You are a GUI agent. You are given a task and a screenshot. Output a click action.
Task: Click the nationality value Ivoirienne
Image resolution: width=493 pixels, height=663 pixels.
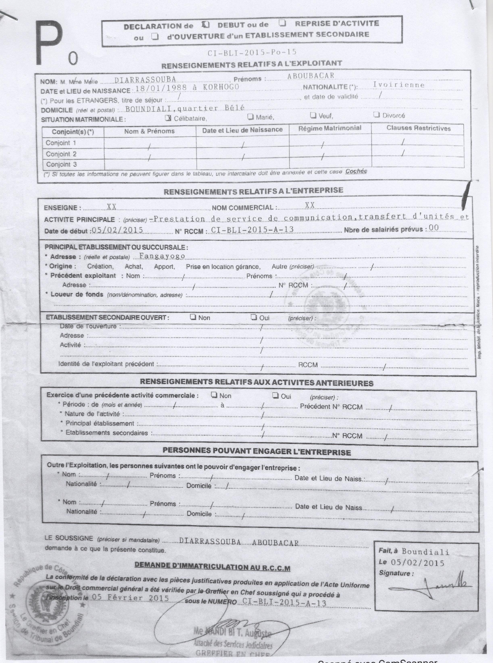[398, 85]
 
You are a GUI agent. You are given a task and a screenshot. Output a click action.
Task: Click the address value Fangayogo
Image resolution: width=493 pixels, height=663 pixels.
[162, 256]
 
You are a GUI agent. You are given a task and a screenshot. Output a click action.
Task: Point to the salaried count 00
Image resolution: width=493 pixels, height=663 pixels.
[433, 228]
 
